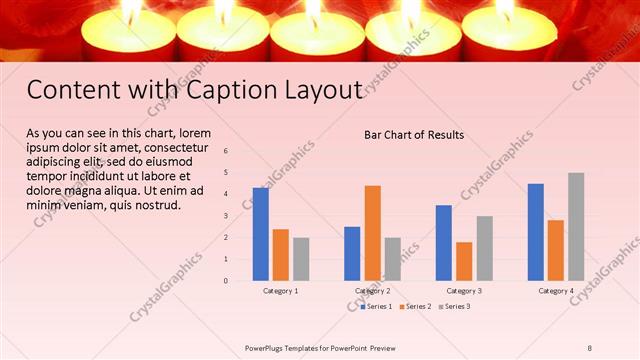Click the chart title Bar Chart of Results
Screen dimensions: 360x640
point(413,134)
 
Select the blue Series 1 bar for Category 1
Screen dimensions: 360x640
point(261,234)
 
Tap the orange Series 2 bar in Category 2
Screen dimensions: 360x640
point(372,232)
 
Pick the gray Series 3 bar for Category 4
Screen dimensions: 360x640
point(576,226)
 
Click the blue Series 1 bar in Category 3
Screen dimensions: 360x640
point(444,242)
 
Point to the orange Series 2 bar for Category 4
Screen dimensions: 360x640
point(556,250)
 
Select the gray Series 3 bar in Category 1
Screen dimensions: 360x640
point(301,258)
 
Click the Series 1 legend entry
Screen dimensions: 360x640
point(378,305)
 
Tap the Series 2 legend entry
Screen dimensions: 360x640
point(416,305)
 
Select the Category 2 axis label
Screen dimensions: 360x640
point(372,291)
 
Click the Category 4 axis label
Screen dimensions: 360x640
point(556,291)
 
